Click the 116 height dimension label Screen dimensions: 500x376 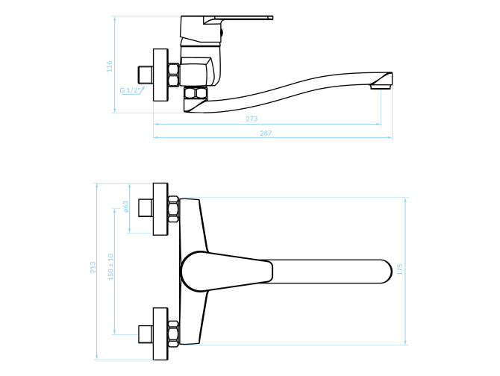tap(110, 66)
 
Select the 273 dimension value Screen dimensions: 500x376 tap(251, 119)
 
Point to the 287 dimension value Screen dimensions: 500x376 tap(266, 134)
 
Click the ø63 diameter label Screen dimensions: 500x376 tap(125, 207)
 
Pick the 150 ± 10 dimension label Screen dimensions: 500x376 tap(110, 267)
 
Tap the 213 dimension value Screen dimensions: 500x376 tap(93, 267)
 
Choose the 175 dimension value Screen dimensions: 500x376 tap(401, 269)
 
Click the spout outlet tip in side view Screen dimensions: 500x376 tap(381, 87)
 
